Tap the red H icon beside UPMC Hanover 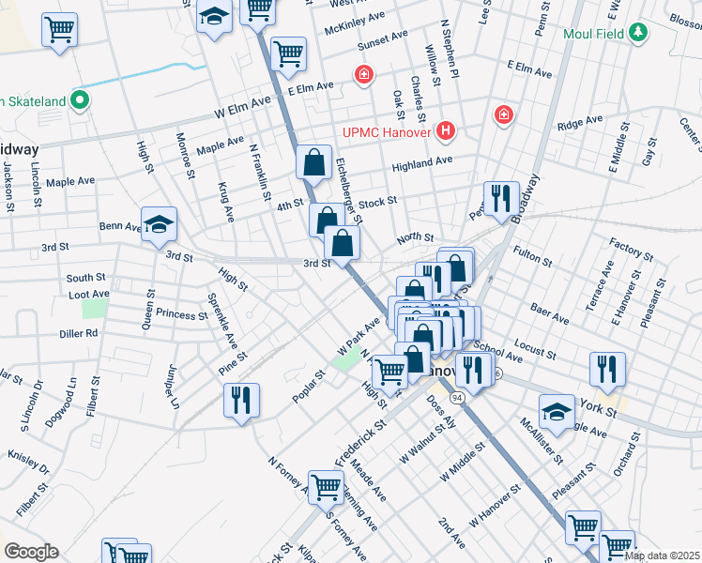point(447,132)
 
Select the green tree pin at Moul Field point(638,34)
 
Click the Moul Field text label point(594,34)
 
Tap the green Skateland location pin point(80,100)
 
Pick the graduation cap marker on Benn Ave point(160,223)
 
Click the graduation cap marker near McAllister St point(557,412)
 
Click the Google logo point(31,552)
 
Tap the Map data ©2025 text point(661,555)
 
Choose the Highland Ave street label point(422,161)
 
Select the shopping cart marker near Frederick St point(326,487)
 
